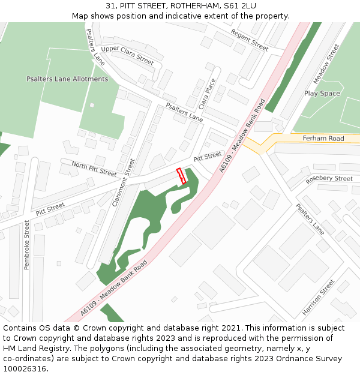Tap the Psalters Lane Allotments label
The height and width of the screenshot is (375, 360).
click(x=67, y=79)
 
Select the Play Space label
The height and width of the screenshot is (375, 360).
click(x=322, y=94)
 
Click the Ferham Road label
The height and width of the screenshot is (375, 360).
click(x=323, y=139)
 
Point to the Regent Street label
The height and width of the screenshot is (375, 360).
click(x=250, y=40)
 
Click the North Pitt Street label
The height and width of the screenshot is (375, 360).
click(x=94, y=169)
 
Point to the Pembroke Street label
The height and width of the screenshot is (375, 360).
click(x=26, y=244)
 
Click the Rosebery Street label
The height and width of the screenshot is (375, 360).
click(x=329, y=179)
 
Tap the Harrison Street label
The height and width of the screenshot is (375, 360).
click(x=319, y=298)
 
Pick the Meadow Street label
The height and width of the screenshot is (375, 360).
click(x=326, y=64)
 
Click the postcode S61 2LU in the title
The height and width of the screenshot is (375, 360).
click(x=240, y=5)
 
